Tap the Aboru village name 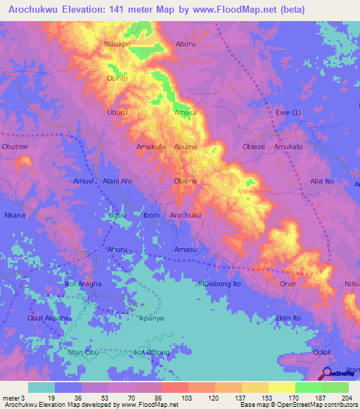point(186,44)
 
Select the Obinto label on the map point(117,78)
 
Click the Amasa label point(186,112)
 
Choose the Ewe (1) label point(288,112)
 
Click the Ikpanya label point(151,318)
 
